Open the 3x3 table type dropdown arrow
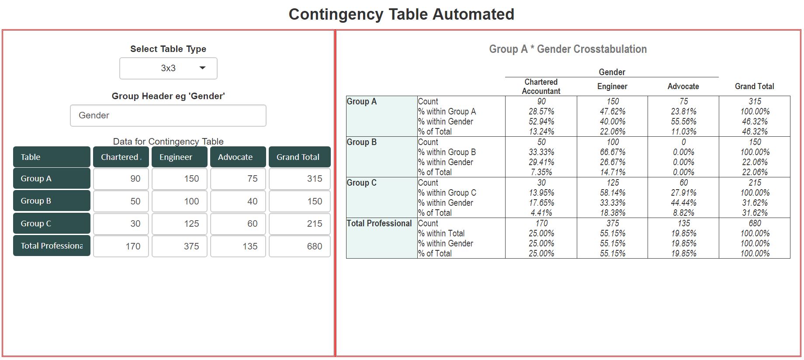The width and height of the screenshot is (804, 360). click(202, 68)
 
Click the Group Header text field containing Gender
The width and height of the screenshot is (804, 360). click(168, 115)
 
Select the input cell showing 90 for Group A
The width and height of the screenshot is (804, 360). click(121, 179)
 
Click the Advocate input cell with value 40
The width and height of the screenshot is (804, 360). click(238, 201)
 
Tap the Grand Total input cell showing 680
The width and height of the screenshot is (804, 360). click(300, 246)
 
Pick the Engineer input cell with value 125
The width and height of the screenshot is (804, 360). click(180, 224)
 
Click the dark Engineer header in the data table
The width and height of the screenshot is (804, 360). click(180, 157)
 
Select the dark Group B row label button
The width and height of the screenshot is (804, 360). click(52, 201)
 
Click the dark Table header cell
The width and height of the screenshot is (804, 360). click(52, 157)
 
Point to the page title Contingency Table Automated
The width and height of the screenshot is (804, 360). click(401, 14)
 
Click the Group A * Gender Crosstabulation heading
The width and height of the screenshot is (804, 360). click(568, 49)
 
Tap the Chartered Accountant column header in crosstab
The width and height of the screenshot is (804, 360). click(541, 87)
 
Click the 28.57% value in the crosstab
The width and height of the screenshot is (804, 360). click(541, 111)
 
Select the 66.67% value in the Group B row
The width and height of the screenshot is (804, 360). click(613, 152)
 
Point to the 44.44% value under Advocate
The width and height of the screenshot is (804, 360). click(684, 203)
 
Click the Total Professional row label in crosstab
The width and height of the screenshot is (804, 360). click(379, 223)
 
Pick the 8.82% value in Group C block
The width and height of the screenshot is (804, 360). click(684, 213)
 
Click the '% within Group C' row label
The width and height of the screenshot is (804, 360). click(447, 193)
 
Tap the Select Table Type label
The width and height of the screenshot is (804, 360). click(168, 49)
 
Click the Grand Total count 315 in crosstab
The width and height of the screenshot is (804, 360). click(755, 101)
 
